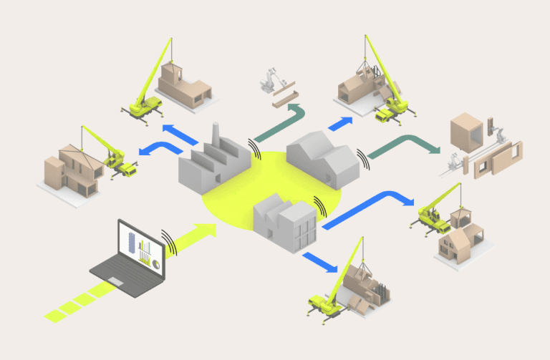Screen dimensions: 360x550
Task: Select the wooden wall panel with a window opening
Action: [x=495, y=162]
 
